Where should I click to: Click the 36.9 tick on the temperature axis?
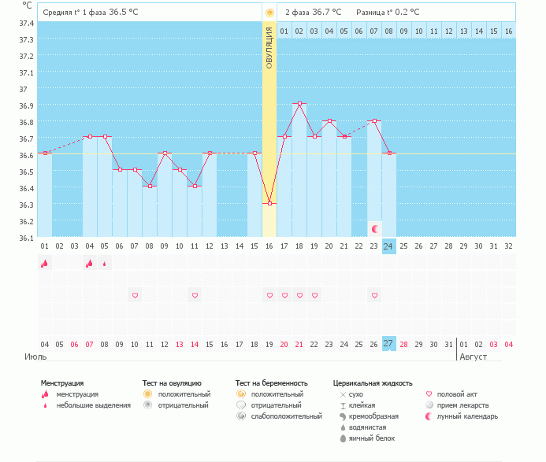pos(26,105)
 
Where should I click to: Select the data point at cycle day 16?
pos(269,203)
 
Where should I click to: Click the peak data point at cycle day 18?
pos(299,103)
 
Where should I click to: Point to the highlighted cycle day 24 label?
pos(388,246)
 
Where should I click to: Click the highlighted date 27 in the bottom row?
pos(388,344)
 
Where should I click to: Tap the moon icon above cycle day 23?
pos(375,229)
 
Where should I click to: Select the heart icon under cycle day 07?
pos(135,295)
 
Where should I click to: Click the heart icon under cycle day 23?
pos(374,295)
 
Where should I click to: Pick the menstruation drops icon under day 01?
pos(45,264)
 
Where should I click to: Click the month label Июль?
pos(36,357)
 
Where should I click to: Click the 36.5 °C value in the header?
pos(128,12)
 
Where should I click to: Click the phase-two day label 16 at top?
pos(509,31)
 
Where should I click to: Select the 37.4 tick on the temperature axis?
pos(26,23)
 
